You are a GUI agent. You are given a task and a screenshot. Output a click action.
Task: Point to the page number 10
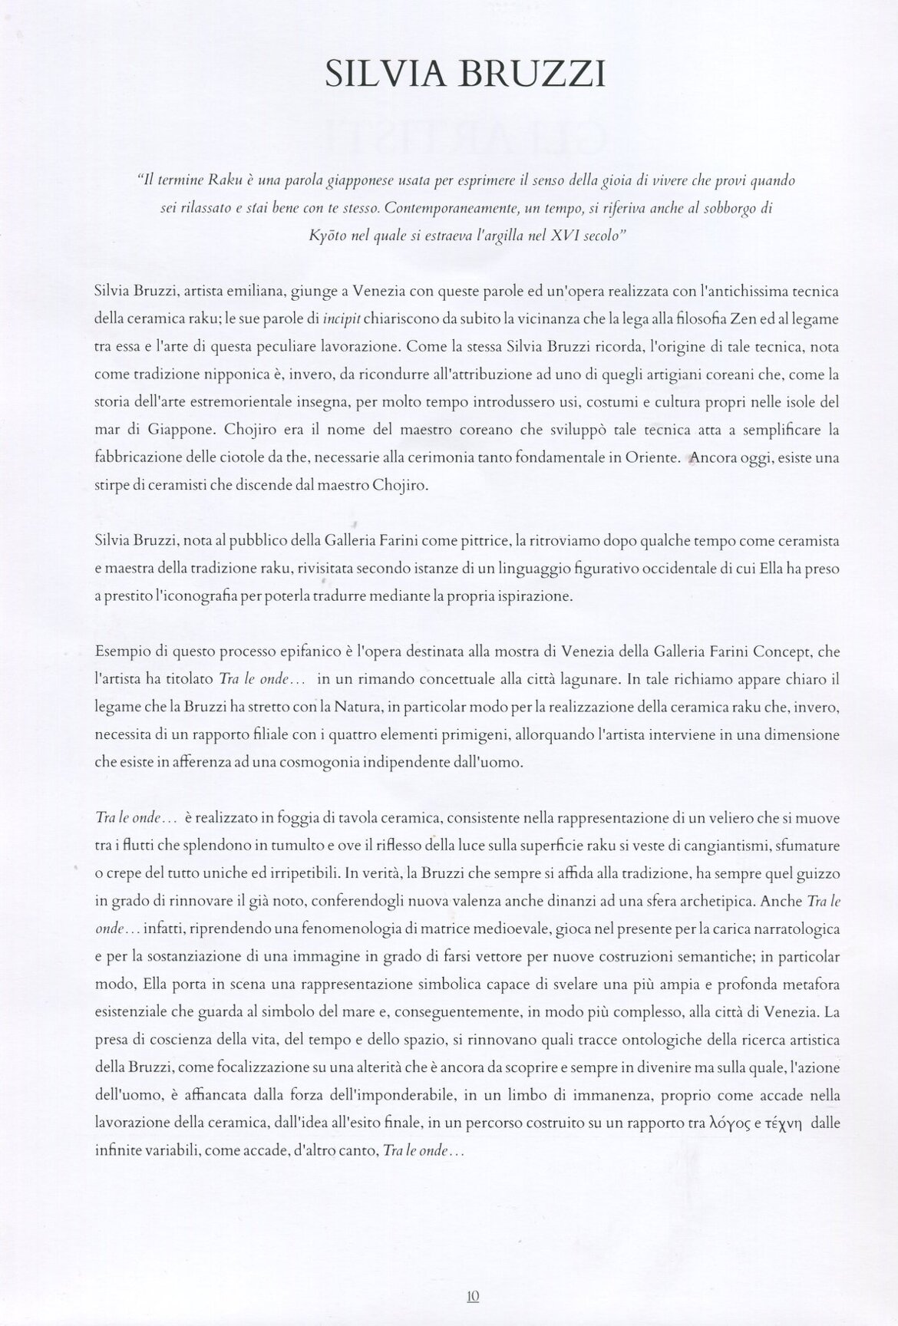472,1296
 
